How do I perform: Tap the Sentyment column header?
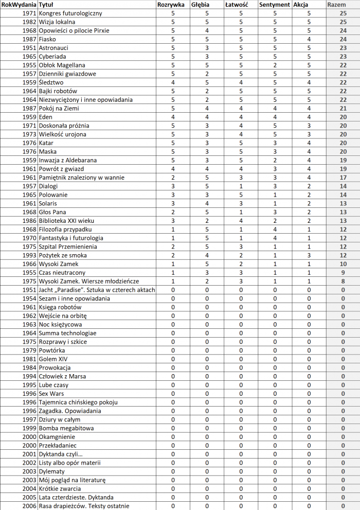click(275, 5)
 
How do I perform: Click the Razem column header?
click(336, 5)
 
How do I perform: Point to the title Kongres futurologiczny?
click(70, 13)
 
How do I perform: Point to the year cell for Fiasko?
click(30, 39)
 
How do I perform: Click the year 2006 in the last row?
click(30, 506)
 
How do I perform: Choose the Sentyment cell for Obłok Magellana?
click(275, 65)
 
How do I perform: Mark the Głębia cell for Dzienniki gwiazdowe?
click(207, 74)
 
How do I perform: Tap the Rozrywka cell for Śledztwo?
click(172, 82)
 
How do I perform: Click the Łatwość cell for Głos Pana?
click(241, 212)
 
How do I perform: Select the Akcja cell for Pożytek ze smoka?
click(309, 255)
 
